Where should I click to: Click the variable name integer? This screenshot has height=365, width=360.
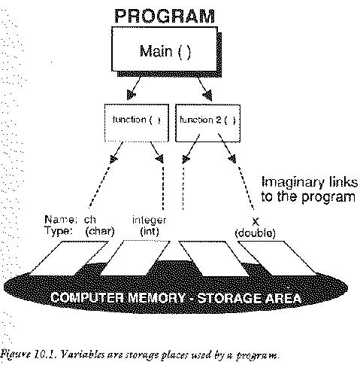(x=149, y=220)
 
